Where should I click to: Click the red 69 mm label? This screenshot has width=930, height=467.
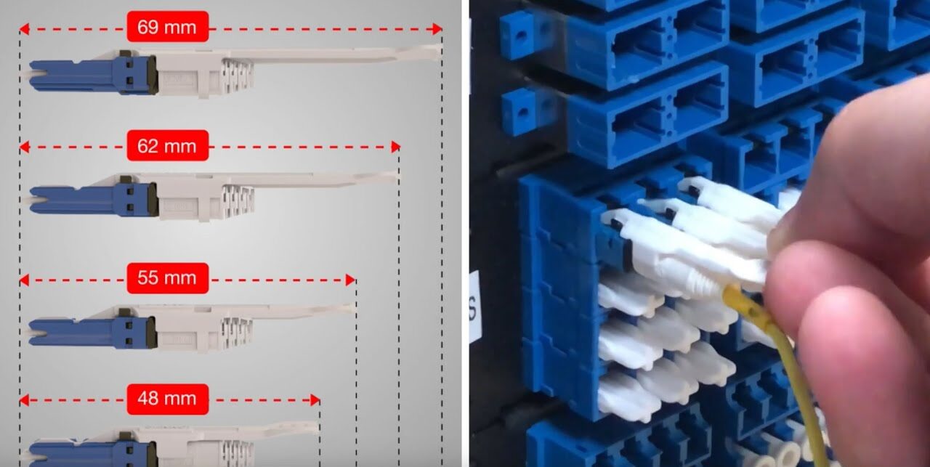pyautogui.click(x=168, y=27)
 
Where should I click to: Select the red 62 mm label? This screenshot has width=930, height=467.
pyautogui.click(x=168, y=145)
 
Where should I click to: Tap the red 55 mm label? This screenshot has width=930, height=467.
pyautogui.click(x=168, y=278)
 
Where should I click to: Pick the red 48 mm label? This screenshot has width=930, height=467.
pyautogui.click(x=168, y=399)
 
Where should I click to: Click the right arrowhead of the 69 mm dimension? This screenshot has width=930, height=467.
pyautogui.click(x=437, y=29)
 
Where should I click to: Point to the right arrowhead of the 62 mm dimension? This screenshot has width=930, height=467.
pyautogui.click(x=396, y=147)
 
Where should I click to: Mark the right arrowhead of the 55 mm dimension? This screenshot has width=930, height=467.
pyautogui.click(x=351, y=280)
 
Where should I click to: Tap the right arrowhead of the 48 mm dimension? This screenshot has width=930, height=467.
pyautogui.click(x=315, y=401)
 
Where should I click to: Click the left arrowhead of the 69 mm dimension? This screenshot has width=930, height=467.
pyautogui.click(x=24, y=29)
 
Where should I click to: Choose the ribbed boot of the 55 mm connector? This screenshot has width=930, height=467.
pyautogui.click(x=237, y=334)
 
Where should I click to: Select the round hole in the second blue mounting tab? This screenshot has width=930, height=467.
pyautogui.click(x=522, y=113)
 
